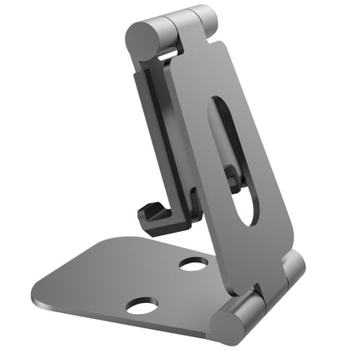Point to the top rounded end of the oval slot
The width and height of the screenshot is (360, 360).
tap(219, 105)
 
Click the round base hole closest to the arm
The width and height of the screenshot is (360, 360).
tap(193, 265)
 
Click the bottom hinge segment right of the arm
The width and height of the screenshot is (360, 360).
tap(291, 270)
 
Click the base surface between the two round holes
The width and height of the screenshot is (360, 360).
tap(167, 285)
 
